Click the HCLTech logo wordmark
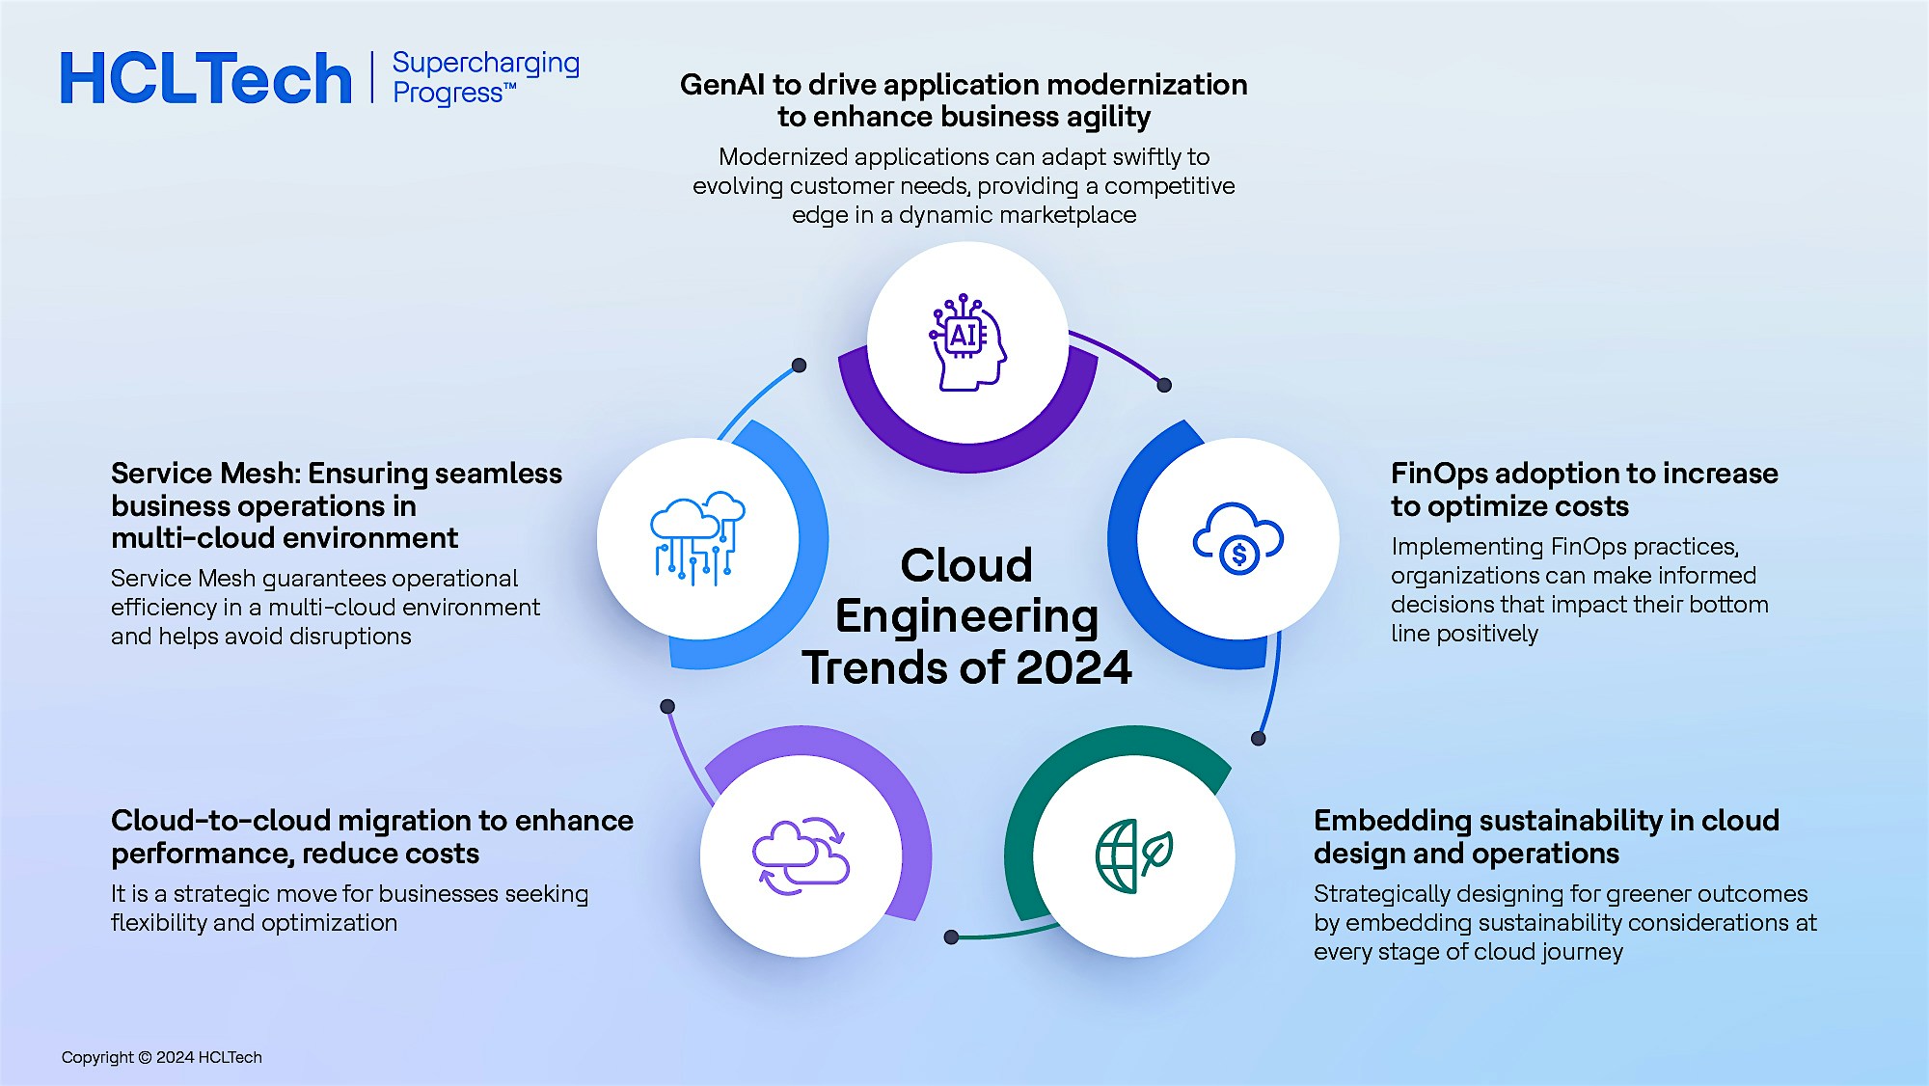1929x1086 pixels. (x=205, y=78)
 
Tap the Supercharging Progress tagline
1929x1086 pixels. (x=485, y=77)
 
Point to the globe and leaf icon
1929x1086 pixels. (x=1134, y=855)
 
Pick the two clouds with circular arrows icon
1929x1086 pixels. (x=801, y=855)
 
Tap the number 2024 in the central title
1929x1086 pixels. (x=1073, y=667)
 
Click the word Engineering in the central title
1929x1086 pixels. (x=966, y=616)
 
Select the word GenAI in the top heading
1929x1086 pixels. (x=722, y=85)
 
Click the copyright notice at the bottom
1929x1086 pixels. (x=161, y=1057)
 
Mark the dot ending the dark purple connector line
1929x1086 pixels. (x=1164, y=385)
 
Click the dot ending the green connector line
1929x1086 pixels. (x=951, y=937)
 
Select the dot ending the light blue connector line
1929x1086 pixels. (x=799, y=365)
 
